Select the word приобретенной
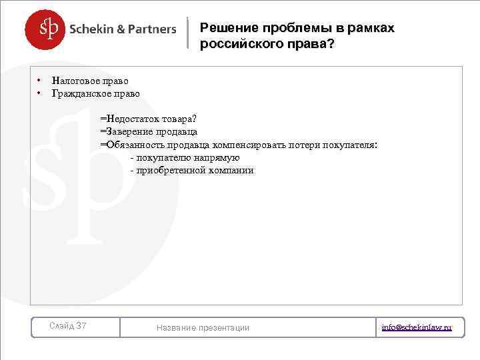click(167, 171)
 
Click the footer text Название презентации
click(203, 327)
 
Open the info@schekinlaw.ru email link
click(417, 327)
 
